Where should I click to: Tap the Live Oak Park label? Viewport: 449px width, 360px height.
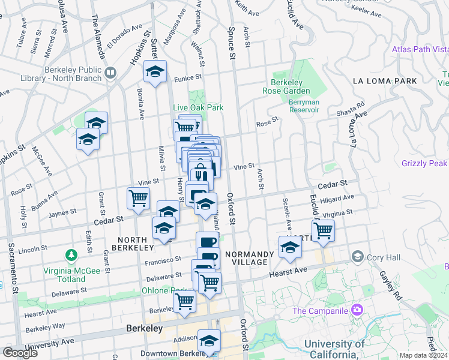pyautogui.click(x=198, y=107)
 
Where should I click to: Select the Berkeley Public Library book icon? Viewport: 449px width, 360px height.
pyautogui.click(x=110, y=73)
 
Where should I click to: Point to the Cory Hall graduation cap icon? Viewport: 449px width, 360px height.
pyautogui.click(x=358, y=257)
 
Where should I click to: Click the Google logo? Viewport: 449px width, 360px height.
pyautogui.click(x=20, y=353)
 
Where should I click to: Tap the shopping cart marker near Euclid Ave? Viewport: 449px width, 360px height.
pyautogui.click(x=323, y=230)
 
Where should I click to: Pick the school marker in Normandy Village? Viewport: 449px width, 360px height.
pyautogui.click(x=290, y=247)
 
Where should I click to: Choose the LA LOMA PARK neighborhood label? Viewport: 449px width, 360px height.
pyautogui.click(x=385, y=80)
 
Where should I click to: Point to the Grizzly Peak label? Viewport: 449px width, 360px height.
pyautogui.click(x=424, y=163)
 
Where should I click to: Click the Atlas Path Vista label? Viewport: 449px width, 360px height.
pyautogui.click(x=420, y=50)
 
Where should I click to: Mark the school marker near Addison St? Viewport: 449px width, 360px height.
pyautogui.click(x=208, y=341)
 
